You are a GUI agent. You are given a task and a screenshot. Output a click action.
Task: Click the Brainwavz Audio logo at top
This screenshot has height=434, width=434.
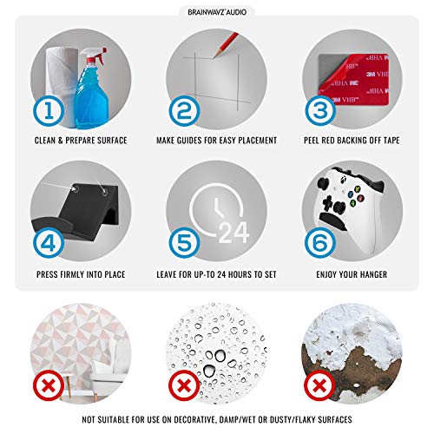click(x=217, y=12)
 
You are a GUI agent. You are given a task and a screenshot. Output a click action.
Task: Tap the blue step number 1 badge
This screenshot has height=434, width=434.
click(x=49, y=111)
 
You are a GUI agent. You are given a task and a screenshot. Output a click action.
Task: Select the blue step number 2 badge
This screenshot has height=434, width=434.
click(x=184, y=111)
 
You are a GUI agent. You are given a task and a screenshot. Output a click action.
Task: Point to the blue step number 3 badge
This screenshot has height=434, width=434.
click(x=320, y=111)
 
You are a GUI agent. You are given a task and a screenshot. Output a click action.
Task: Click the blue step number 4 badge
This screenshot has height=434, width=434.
click(x=49, y=242)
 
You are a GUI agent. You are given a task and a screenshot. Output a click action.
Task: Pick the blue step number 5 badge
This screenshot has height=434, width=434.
click(x=184, y=242)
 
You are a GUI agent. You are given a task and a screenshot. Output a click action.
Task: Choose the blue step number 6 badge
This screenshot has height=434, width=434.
click(x=320, y=242)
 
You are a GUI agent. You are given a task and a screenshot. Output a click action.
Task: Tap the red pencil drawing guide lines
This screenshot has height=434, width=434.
click(x=226, y=44)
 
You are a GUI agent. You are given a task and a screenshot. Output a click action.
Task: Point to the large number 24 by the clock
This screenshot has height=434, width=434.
click(x=233, y=233)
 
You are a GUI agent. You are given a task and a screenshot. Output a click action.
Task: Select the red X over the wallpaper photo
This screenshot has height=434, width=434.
click(x=49, y=385)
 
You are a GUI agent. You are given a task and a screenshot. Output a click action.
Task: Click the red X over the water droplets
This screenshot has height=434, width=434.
click(x=184, y=385)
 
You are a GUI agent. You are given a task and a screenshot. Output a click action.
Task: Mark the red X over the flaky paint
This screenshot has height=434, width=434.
click(x=319, y=385)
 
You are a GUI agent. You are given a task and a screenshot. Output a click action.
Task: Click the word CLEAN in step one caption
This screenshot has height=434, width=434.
click(x=45, y=141)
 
